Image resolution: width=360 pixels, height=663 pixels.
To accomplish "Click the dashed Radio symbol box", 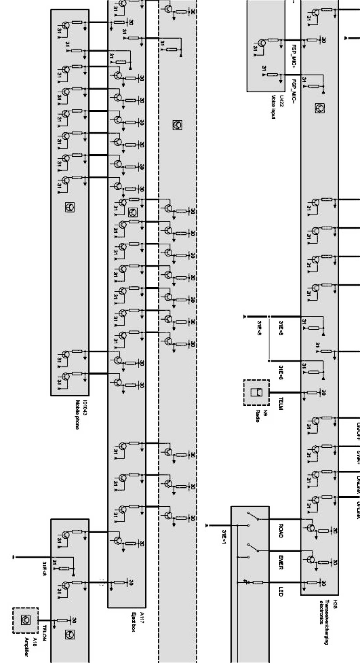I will [x=256, y=393].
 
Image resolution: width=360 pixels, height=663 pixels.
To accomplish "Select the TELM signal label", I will [x=281, y=403].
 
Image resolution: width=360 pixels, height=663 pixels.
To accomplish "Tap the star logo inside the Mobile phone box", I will [x=70, y=208].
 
